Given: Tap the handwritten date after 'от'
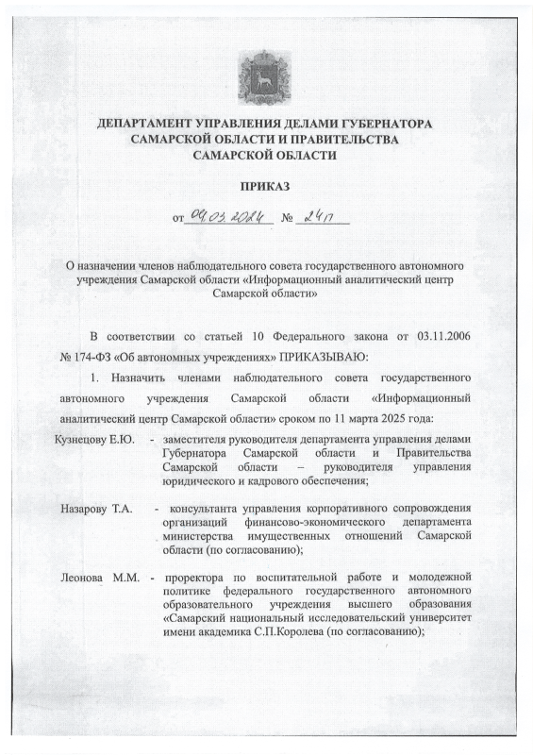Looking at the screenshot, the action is click(228, 217).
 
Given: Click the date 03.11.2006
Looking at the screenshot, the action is click(441, 336).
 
